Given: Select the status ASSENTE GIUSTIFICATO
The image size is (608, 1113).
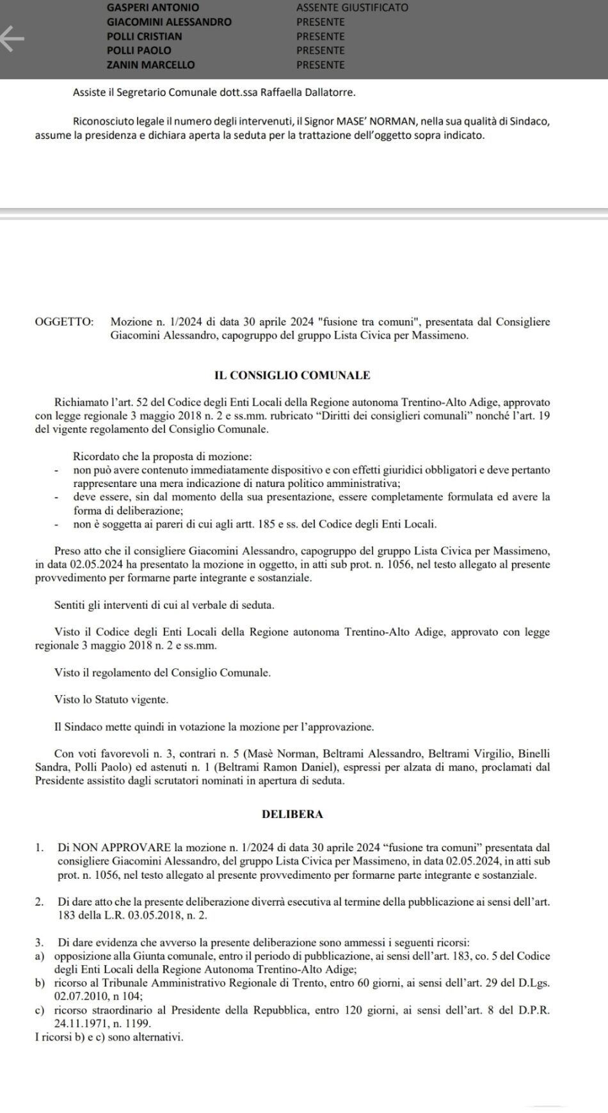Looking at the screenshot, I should (352, 8).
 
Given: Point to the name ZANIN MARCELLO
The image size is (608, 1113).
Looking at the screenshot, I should (150, 65).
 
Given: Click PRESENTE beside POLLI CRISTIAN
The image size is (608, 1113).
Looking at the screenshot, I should (321, 36).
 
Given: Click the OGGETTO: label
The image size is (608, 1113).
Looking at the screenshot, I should (64, 322).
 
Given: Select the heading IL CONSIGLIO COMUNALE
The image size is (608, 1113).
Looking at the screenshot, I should (292, 376).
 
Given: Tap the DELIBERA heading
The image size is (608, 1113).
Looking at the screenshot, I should (292, 815).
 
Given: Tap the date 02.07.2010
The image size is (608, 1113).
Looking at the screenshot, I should (83, 996).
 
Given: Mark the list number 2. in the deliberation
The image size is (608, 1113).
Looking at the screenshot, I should (40, 902).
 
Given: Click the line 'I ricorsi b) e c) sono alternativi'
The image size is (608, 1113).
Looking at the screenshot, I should (109, 1037).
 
